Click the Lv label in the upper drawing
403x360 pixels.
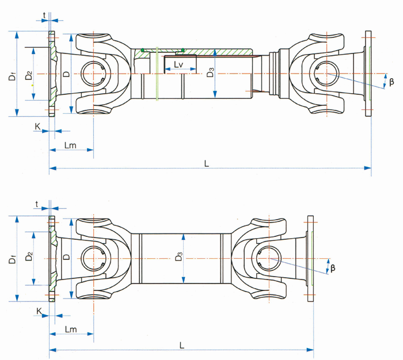point(178,64)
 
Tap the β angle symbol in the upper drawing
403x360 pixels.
point(391,82)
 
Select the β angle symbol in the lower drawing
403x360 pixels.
point(333,268)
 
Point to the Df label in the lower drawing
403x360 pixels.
point(12,259)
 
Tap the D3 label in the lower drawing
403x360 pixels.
point(178,256)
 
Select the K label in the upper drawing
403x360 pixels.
point(37,126)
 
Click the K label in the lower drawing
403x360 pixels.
point(39,311)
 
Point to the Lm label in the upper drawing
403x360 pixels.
point(70,145)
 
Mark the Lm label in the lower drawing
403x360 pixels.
point(71,329)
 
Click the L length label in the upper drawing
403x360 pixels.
point(207,163)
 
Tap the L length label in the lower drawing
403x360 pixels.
point(182,345)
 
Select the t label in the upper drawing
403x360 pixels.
point(44,16)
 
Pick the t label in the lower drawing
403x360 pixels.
point(37,204)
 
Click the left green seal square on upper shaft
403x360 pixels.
point(142,50)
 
